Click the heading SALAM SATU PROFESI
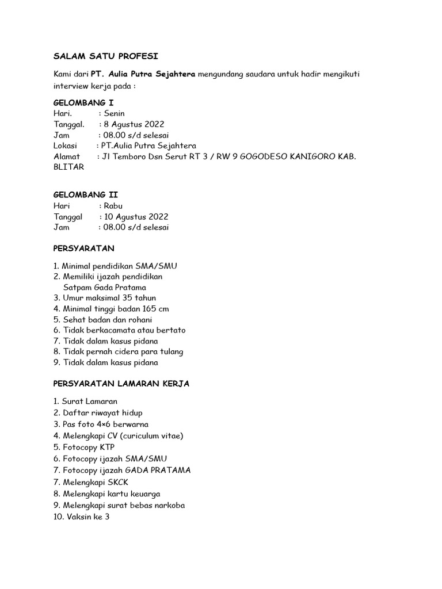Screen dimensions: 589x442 [x=105, y=56]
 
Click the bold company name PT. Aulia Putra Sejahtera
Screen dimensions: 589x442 [x=143, y=74]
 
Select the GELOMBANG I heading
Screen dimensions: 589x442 [x=83, y=102]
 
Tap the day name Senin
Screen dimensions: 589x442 [x=114, y=113]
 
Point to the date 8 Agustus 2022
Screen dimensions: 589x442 [x=134, y=124]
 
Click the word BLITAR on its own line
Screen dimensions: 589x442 [x=68, y=167]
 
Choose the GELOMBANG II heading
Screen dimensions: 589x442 [x=86, y=195]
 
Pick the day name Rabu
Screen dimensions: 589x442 [x=113, y=206]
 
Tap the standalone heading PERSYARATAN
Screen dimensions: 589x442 [x=84, y=248]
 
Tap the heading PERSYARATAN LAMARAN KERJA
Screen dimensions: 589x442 [x=121, y=384]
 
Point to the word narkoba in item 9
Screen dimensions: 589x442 [x=167, y=505]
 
